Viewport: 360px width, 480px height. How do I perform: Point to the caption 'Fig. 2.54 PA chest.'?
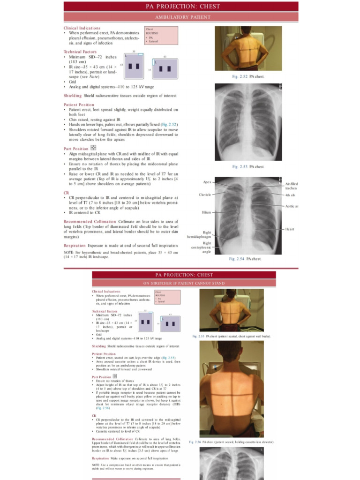coord(245,259)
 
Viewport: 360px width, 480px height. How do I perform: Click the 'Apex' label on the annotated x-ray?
coord(207,182)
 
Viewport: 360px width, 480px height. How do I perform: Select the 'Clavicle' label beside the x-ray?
coord(204,195)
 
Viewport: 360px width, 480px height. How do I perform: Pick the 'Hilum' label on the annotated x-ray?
coord(206,212)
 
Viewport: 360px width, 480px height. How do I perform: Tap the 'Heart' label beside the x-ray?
coord(290,229)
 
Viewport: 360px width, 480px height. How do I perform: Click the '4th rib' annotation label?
coord(290,195)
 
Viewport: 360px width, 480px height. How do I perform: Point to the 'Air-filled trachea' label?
coord(291,186)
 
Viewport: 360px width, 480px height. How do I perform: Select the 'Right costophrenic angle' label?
coord(206,247)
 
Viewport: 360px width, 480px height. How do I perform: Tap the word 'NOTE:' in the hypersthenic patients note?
coord(68,252)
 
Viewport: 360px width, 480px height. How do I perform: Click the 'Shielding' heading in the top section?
coord(73,95)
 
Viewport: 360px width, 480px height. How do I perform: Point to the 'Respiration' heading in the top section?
coord(75,245)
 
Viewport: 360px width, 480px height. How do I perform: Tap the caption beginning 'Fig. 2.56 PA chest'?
coord(232,442)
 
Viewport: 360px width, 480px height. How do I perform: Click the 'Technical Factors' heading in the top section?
coord(80,52)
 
